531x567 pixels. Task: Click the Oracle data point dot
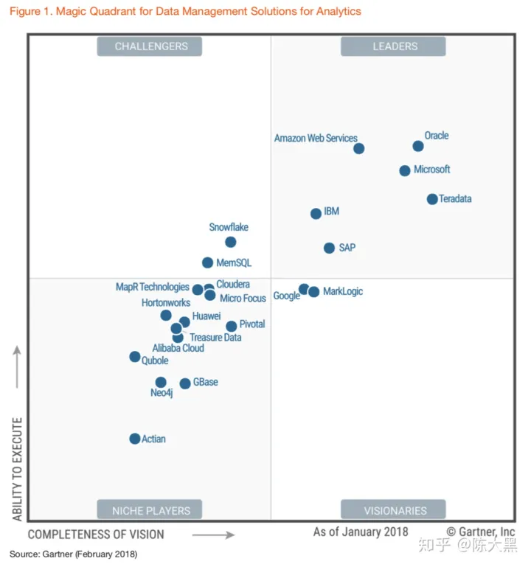(418, 146)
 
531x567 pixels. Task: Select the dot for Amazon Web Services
(359, 148)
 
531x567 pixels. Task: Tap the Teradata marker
(432, 199)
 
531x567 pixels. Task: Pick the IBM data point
(316, 214)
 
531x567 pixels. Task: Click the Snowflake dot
(231, 242)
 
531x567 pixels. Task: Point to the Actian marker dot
(135, 439)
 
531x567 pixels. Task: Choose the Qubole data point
(135, 357)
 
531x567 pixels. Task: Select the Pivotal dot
(232, 326)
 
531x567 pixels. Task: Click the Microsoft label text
(432, 170)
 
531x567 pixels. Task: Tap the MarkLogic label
(343, 292)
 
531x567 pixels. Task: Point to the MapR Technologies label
(153, 287)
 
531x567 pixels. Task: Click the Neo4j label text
(162, 394)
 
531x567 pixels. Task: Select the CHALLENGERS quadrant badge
(150, 46)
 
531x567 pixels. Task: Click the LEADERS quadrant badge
(394, 46)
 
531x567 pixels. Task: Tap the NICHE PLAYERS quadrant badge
(150, 510)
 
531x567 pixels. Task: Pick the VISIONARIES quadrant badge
(394, 510)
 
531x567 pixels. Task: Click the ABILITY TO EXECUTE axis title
(17, 468)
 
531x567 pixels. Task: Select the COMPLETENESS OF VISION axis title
(96, 534)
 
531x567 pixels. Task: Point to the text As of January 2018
(361, 532)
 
